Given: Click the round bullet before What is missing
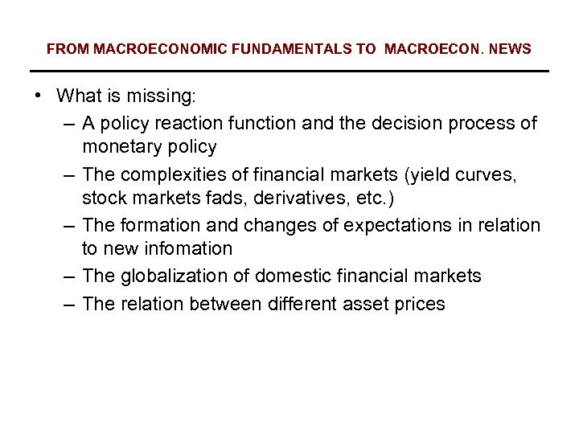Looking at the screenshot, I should tap(39, 96).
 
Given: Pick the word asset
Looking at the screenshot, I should tap(363, 303).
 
